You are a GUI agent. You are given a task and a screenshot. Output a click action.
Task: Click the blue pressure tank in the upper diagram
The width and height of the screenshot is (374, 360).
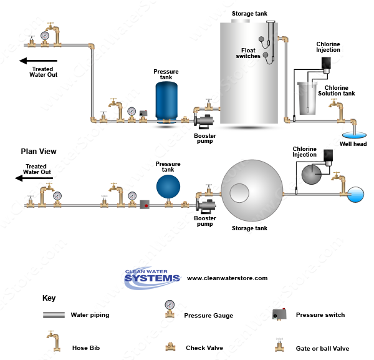(166, 102)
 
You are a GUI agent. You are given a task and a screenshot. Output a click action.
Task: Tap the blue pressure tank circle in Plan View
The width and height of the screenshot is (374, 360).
(168, 187)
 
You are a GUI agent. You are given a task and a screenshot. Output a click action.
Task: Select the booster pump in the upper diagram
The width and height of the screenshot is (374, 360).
(204, 121)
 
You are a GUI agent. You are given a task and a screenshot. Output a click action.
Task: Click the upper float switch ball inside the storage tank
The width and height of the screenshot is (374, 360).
(261, 39)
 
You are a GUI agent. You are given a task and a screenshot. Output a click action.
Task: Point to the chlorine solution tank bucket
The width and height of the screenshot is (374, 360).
(307, 98)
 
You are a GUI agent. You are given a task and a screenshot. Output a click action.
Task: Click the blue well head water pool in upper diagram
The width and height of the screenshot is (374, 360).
(354, 135)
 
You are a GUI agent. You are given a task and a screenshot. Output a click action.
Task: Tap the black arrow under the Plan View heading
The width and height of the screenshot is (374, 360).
(34, 178)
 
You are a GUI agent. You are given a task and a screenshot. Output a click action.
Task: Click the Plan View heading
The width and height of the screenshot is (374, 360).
(39, 152)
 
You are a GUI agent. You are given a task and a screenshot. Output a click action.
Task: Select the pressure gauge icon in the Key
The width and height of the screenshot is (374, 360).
(170, 309)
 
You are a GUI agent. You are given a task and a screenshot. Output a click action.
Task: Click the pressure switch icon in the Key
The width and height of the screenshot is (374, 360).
(279, 314)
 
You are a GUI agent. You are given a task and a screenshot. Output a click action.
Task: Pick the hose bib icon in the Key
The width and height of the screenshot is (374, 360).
(54, 341)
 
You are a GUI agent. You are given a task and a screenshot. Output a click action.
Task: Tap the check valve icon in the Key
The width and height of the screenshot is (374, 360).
(170, 347)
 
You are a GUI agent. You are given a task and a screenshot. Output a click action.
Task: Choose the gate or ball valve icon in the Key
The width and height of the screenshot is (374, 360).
(279, 345)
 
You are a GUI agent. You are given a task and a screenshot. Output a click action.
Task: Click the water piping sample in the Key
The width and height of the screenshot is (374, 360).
(54, 315)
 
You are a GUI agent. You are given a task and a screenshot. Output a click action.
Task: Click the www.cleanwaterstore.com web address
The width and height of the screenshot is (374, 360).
(227, 278)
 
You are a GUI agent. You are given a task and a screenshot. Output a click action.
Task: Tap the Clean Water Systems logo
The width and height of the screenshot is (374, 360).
(152, 278)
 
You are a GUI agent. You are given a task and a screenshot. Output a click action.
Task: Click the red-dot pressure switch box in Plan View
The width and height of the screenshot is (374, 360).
(145, 205)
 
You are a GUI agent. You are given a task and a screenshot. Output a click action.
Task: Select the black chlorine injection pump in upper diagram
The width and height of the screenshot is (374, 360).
(326, 63)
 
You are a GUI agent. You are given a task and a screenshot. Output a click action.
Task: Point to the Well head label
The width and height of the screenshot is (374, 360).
(353, 144)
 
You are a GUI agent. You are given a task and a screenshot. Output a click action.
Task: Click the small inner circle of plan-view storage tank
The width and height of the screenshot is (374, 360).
(239, 193)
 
